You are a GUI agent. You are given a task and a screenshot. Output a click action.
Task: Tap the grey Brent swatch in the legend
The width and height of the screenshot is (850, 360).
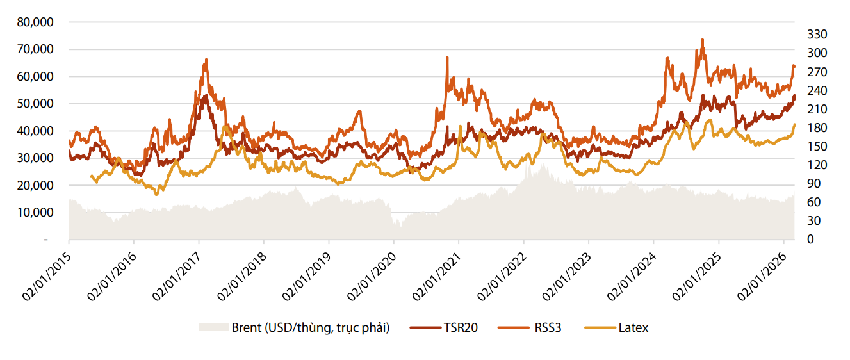(213, 328)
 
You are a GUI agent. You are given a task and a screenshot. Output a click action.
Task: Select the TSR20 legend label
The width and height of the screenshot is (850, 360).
(460, 328)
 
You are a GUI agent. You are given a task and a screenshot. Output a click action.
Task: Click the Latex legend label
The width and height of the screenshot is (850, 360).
(633, 328)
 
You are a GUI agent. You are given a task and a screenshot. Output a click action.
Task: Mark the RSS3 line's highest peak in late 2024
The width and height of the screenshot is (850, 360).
(703, 39)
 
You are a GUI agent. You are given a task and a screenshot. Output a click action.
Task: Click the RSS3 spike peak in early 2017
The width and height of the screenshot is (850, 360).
(206, 59)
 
